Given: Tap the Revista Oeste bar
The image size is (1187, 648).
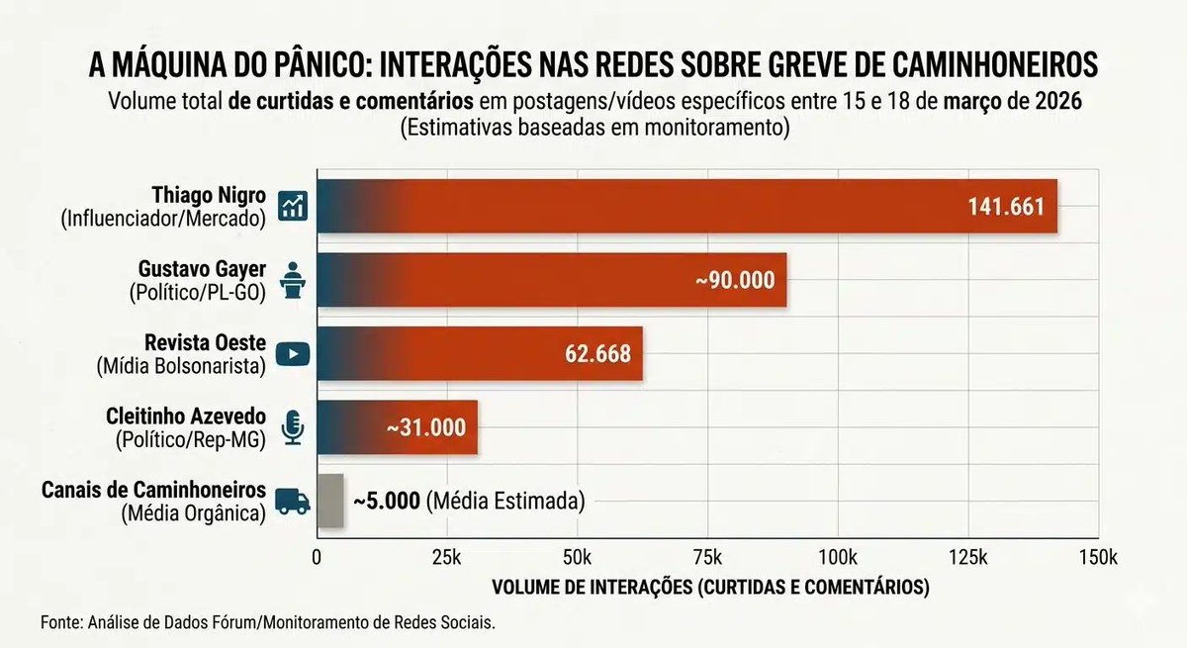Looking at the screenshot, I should tap(480, 354).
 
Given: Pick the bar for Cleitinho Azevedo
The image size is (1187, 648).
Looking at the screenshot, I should tap(397, 427).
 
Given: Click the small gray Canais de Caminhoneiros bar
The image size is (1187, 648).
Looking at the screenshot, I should tap(329, 501).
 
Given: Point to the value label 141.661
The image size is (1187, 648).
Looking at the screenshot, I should tap(1005, 208).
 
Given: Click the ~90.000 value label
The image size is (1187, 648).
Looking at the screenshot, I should tap(734, 281).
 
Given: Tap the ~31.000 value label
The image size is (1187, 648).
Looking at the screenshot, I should tap(426, 427).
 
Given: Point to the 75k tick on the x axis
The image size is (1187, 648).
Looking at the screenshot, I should tap(707, 557).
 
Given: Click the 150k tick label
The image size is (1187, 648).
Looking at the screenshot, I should tap(1097, 557).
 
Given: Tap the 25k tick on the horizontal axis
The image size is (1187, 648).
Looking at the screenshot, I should tap(446, 557).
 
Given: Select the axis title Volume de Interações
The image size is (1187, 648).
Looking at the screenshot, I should tap(710, 587).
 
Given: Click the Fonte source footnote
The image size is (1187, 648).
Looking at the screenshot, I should tap(267, 623).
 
